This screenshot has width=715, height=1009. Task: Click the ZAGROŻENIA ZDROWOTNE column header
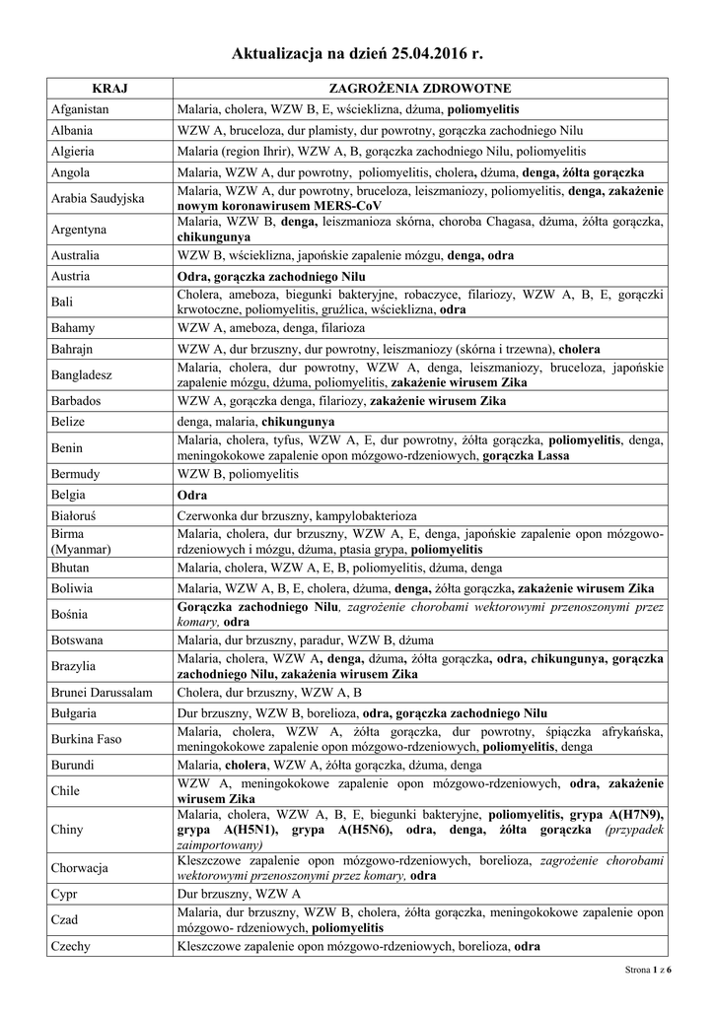point(419,89)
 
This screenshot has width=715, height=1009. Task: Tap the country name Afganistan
point(80,109)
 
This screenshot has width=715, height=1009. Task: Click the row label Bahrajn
point(74,349)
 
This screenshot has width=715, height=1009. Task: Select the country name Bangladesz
point(82,374)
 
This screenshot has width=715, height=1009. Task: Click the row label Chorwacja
point(80,868)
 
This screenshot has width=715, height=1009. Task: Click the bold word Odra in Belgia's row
point(191,495)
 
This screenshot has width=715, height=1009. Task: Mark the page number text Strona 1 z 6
point(648,971)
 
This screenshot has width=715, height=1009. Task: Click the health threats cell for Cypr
point(419,894)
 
